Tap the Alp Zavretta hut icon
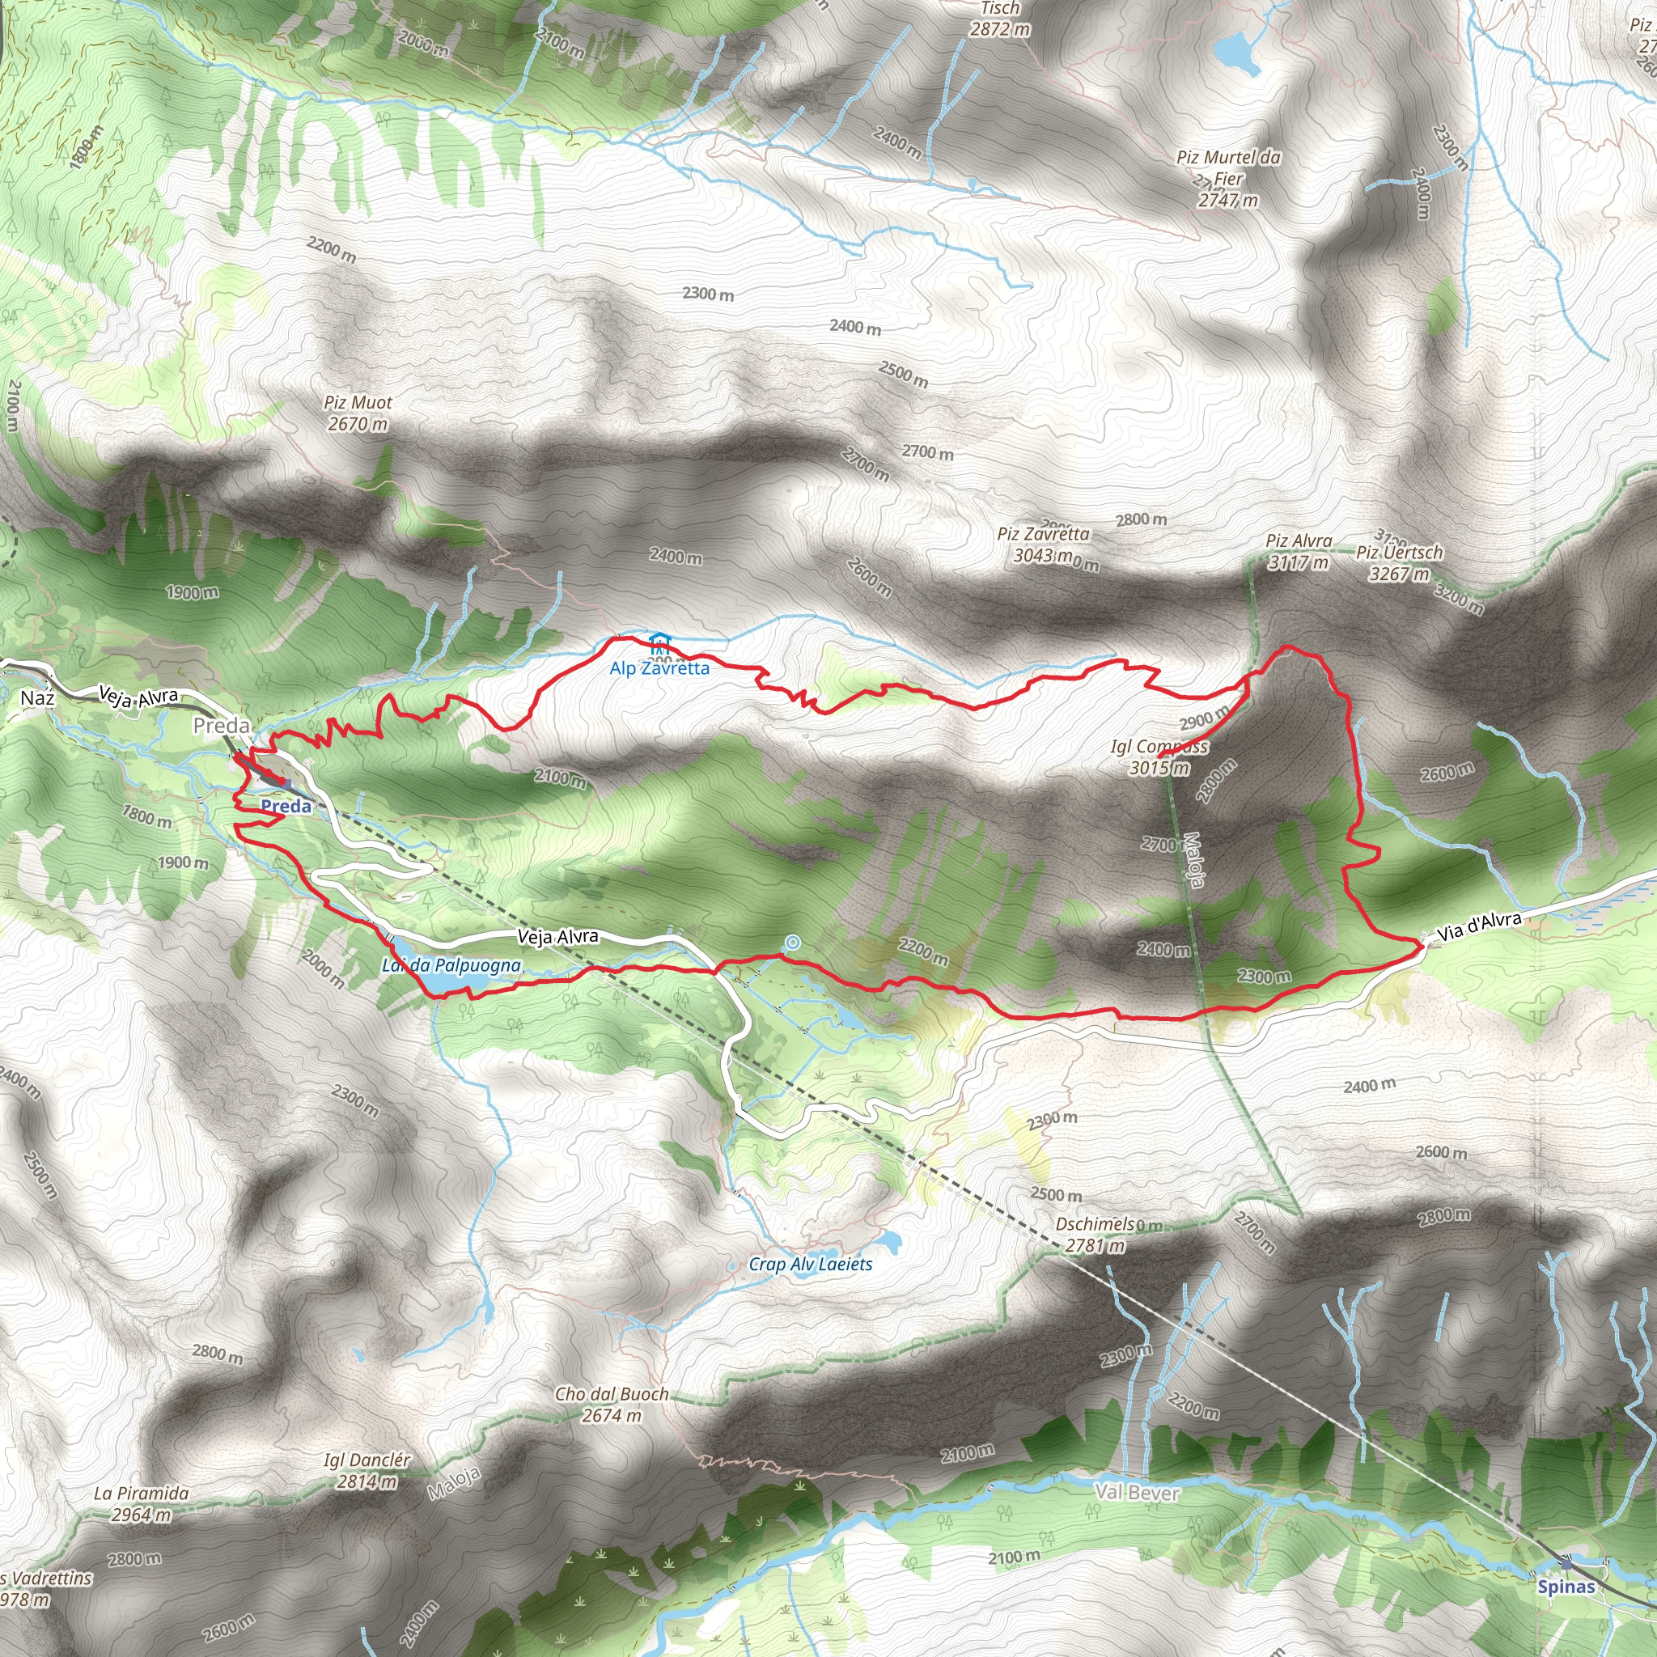(659, 644)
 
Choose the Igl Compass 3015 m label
(1159, 756)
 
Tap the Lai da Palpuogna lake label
(451, 966)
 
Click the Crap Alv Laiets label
(811, 1265)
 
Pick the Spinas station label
(1566, 1586)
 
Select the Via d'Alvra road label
(1480, 926)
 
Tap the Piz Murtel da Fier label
(1228, 178)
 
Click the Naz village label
(38, 698)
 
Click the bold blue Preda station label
(286, 806)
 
